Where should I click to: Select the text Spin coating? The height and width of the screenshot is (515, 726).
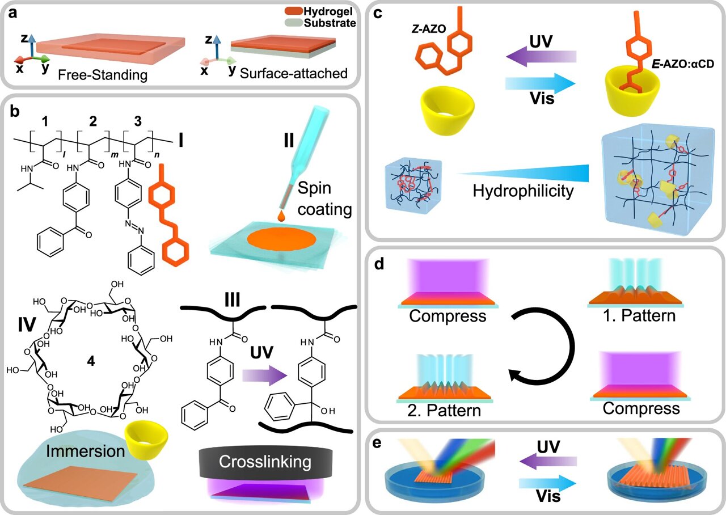(x=332, y=198)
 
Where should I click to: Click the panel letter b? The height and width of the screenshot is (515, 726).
(x=16, y=112)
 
